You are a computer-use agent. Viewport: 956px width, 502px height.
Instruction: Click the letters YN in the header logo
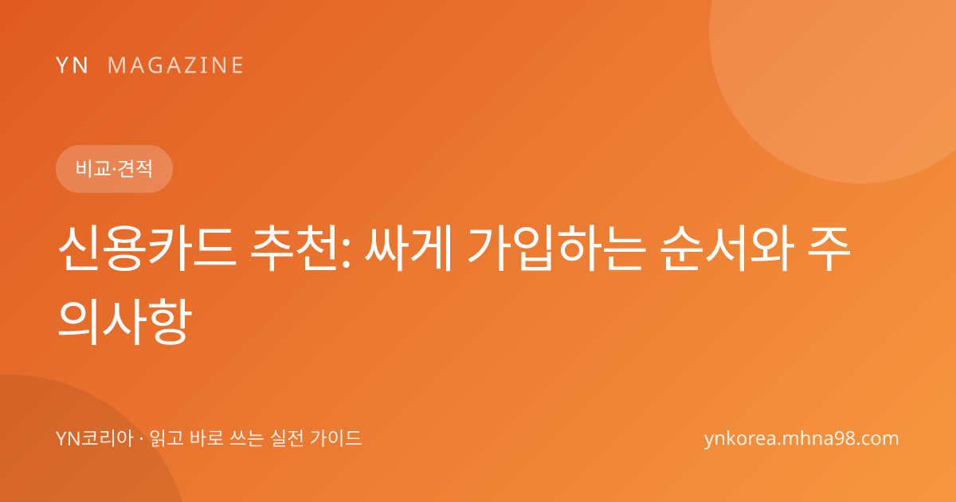click(72, 65)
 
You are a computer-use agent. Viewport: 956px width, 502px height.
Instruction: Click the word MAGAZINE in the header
click(175, 65)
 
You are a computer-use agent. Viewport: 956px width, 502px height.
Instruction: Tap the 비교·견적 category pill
click(114, 169)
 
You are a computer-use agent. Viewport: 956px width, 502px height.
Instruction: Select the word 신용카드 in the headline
click(147, 249)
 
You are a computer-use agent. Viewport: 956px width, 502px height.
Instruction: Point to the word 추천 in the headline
click(296, 249)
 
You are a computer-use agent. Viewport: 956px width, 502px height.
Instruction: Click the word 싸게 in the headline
click(408, 249)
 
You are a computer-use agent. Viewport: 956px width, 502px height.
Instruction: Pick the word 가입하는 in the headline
click(555, 249)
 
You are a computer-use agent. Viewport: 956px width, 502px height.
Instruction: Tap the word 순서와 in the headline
click(727, 249)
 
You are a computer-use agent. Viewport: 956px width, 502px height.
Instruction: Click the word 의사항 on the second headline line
click(124, 321)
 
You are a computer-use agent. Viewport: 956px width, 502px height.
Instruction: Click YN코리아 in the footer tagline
click(95, 438)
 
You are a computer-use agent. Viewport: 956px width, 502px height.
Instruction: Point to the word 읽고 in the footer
click(167, 438)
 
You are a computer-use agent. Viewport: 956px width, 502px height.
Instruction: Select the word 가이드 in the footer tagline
click(336, 438)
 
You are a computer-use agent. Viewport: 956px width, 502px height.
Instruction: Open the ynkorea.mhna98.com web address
click(801, 439)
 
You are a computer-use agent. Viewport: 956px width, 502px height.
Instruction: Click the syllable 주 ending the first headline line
click(829, 249)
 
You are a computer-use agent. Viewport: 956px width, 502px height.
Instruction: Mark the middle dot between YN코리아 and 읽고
click(142, 439)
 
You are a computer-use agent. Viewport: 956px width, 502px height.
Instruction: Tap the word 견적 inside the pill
click(135, 169)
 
